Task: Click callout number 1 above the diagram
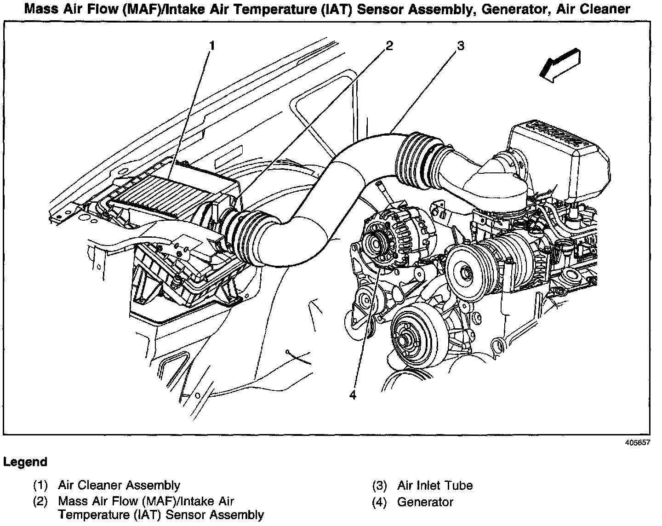pos(212,46)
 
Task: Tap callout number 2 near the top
pos(389,46)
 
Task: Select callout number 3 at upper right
pos(460,46)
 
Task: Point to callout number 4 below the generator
pos(352,395)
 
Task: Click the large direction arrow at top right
pos(561,65)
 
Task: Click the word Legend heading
pos(25,462)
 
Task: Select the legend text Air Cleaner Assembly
pos(119,485)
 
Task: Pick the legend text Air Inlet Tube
pos(434,485)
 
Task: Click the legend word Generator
pos(425,502)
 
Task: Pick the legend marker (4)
pos(380,502)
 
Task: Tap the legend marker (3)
pos(380,485)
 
